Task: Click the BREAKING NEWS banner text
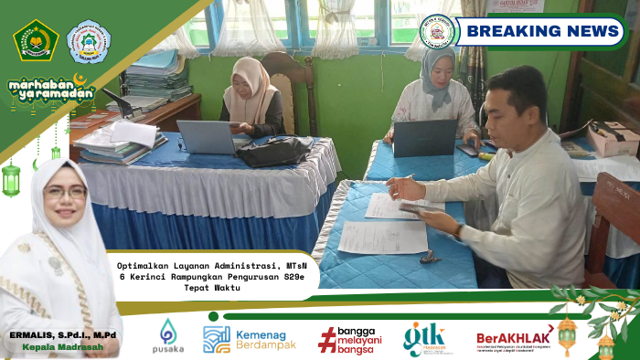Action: (x=543, y=31)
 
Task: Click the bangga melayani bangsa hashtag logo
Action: (x=353, y=339)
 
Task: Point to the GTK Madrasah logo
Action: (x=426, y=339)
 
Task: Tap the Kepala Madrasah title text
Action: (x=63, y=349)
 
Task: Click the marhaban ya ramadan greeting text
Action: (x=51, y=90)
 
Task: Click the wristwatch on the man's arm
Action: (x=457, y=231)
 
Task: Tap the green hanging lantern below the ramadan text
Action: (x=11, y=178)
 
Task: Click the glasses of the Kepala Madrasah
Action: (x=66, y=192)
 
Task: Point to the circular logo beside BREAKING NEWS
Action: (x=437, y=31)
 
